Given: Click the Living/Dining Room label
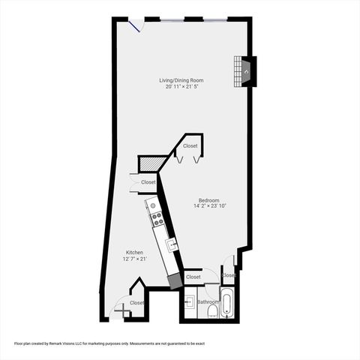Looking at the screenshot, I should pos(181,80).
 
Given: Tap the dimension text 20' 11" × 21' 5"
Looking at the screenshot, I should pos(181,87).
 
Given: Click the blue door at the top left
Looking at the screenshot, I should pos(136,26).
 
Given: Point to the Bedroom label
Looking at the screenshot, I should pos(208,199).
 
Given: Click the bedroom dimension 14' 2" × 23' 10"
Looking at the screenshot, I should pos(208,206).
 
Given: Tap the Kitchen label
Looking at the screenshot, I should pos(134,253).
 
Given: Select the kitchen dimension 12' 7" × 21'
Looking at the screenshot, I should pos(134,259).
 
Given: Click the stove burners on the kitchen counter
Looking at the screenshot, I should pos(157,218).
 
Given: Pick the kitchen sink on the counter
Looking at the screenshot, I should pos(170,244).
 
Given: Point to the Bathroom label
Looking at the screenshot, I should pos(208,301).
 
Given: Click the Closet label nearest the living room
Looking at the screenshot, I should pos(190,146).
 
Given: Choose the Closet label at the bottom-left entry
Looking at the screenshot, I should pos(136,302).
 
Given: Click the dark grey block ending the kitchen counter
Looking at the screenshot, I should pos(175,280).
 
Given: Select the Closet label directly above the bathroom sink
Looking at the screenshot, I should pos(193,277).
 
